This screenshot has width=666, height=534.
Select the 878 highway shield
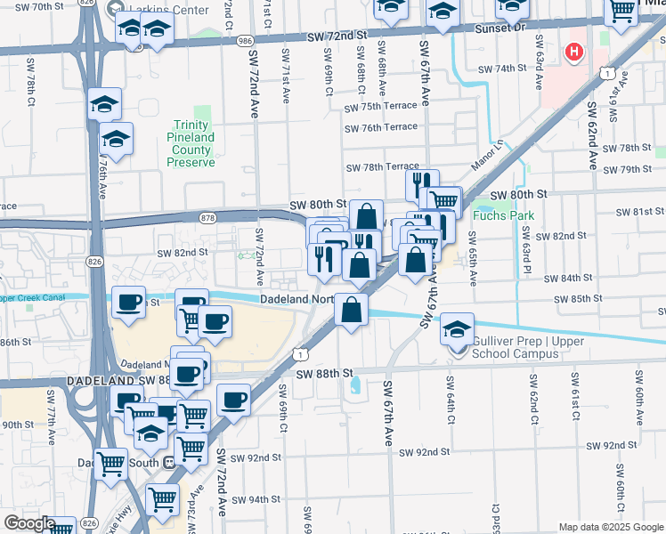point(208,217)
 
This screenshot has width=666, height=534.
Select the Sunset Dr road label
point(505,28)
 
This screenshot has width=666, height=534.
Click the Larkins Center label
point(177,10)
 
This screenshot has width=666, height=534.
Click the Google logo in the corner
point(29,523)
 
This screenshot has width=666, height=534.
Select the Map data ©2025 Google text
point(610,527)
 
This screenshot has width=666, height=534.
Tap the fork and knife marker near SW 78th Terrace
point(422,185)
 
